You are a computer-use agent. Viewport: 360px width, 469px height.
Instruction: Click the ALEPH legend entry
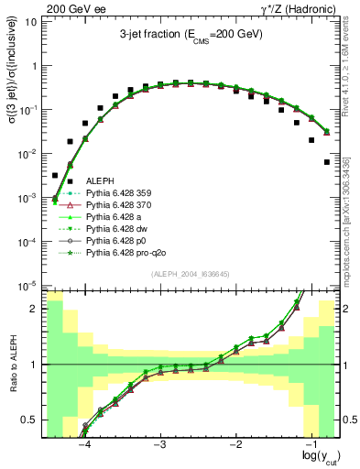pyautogui.click(x=100, y=182)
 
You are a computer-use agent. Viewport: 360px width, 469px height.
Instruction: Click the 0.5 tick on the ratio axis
pyautogui.click(x=29, y=420)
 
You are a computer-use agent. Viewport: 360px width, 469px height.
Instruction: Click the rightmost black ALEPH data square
pyautogui.click(x=327, y=162)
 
